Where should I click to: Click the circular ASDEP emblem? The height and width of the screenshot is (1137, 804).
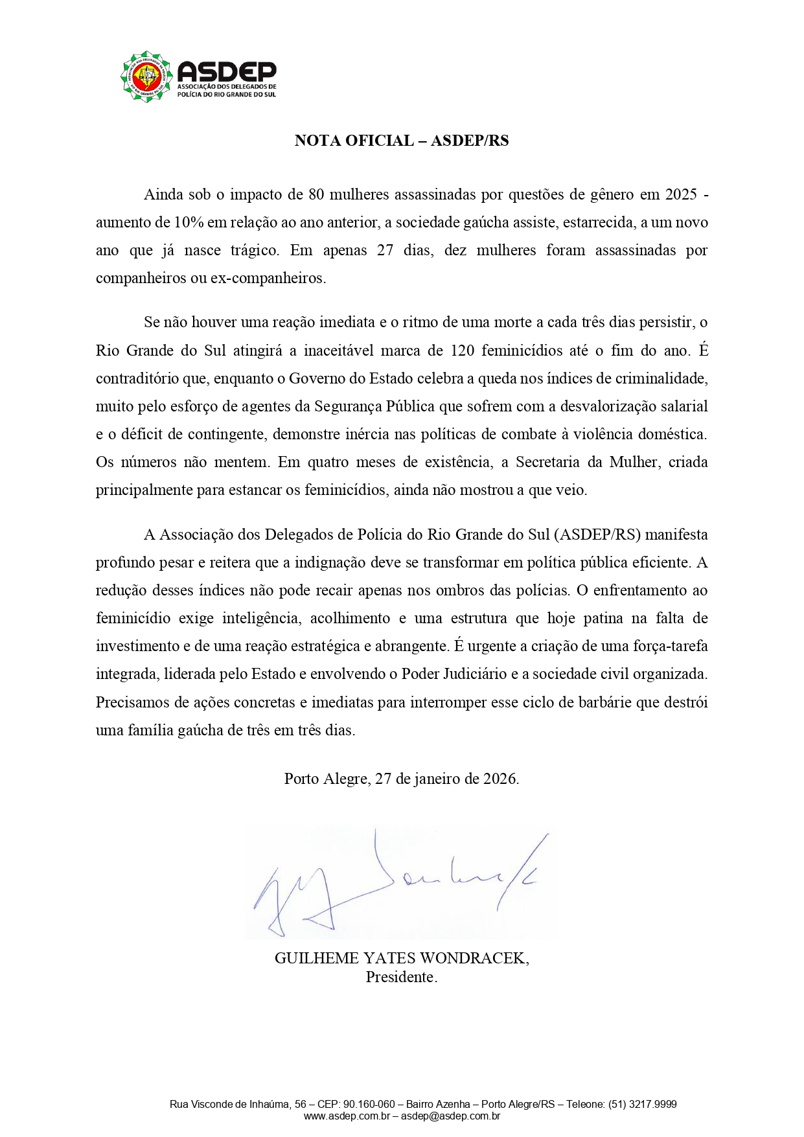click(x=146, y=76)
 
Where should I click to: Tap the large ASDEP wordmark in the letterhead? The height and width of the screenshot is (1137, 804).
click(x=226, y=71)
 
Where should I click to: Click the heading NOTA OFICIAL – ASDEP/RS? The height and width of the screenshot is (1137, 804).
click(x=402, y=141)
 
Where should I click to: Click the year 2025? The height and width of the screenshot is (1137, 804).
click(x=681, y=194)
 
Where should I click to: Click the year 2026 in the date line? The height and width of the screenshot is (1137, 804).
click(x=500, y=779)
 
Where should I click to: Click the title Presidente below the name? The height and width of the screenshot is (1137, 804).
click(x=400, y=977)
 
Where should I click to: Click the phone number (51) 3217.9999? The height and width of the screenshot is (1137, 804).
click(x=643, y=1104)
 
